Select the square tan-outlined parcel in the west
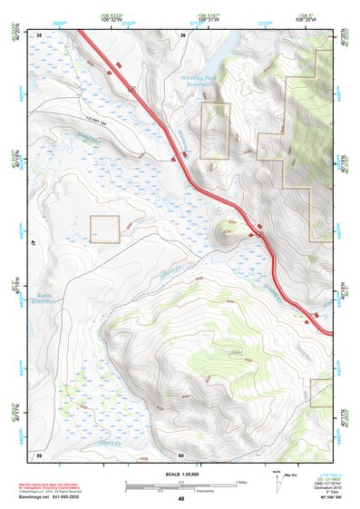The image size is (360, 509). (104, 230)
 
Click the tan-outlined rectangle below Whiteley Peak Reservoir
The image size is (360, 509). (215, 129)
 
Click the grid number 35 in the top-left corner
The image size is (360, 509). (39, 34)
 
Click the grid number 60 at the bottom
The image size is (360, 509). (181, 455)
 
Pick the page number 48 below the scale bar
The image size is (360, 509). (180, 499)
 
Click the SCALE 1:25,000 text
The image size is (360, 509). (180, 475)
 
